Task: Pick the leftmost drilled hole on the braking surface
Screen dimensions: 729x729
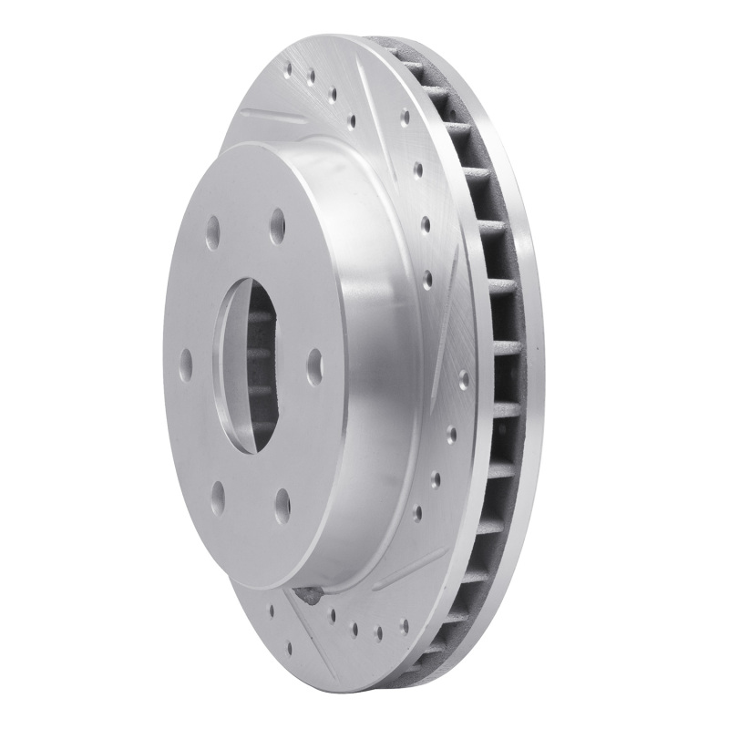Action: [x=271, y=605]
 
